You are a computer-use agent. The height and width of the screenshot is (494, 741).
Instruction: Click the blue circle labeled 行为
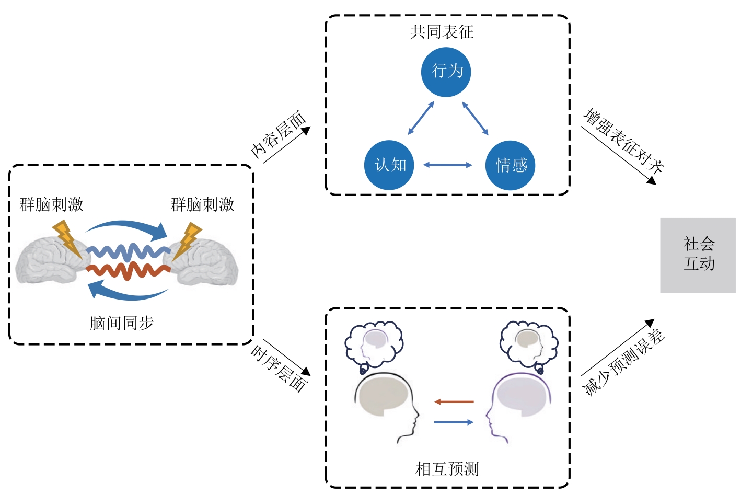coord(446,72)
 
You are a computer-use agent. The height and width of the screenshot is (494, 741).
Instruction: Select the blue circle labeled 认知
coord(389,165)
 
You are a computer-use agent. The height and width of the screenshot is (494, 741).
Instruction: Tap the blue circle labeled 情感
coord(510,165)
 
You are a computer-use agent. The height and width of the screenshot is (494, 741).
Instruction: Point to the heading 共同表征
coord(442,32)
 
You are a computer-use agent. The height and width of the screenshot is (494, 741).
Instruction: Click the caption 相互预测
coord(447,469)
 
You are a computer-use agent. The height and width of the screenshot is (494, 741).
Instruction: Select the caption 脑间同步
coord(121,323)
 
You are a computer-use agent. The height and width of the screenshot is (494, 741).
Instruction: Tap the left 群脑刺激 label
coord(51,204)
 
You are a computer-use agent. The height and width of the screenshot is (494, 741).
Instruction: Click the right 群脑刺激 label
coord(202,204)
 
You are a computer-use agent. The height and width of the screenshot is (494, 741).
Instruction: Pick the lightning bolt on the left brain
coord(67,239)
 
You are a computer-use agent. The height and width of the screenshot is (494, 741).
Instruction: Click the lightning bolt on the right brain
coord(188,240)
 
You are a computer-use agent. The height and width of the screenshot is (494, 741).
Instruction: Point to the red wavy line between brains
coord(128,271)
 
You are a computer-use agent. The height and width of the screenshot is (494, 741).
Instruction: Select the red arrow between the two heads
coord(454,402)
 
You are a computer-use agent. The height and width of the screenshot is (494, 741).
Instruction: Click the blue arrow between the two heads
coord(454,422)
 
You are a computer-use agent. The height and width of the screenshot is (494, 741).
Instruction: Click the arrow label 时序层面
coord(279,369)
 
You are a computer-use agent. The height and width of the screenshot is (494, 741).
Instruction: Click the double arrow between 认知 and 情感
coord(447,165)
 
